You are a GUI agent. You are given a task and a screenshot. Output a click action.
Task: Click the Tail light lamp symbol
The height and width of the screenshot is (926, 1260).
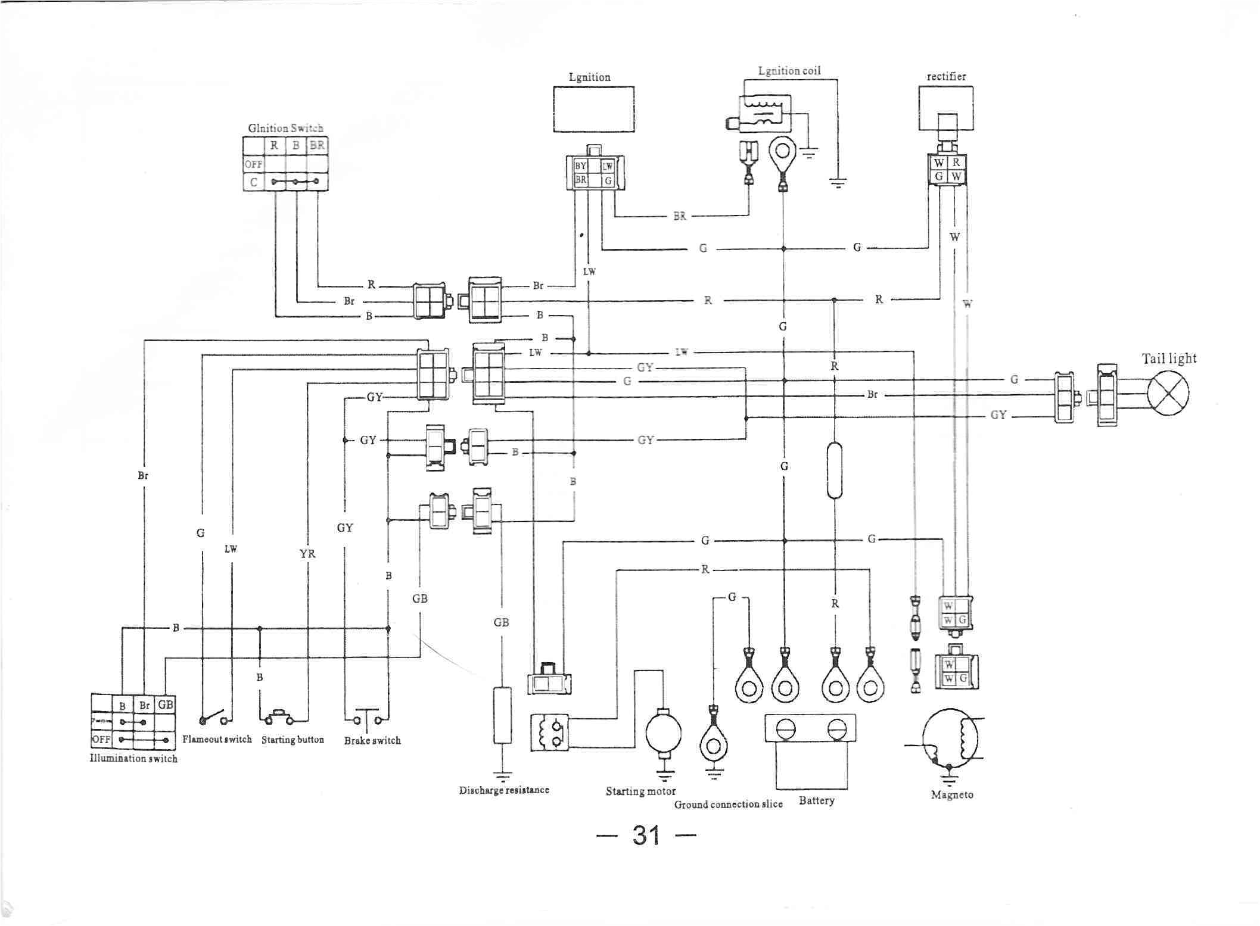coord(1168,392)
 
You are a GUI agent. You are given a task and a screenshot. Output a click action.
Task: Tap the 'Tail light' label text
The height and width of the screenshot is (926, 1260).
coord(1168,358)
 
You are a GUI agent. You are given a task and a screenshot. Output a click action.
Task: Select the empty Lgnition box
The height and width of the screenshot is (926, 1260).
coord(593,109)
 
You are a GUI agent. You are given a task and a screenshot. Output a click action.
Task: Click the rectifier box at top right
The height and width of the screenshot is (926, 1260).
coord(945,107)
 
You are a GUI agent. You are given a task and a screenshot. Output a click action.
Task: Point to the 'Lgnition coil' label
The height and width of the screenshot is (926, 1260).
coord(789,71)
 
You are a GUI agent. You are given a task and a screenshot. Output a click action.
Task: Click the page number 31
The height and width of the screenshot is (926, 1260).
coord(646,835)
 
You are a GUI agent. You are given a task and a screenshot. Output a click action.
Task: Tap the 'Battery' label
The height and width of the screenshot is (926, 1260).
coord(816,800)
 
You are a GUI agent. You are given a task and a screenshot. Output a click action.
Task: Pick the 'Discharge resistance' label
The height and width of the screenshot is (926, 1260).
coord(504,790)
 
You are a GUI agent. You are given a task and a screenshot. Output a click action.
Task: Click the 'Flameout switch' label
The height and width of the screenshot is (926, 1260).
coord(217,739)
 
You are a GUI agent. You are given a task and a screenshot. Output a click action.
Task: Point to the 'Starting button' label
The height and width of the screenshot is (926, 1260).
coord(293,740)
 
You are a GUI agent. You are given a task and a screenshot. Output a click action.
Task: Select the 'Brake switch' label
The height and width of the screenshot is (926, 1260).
coord(372,741)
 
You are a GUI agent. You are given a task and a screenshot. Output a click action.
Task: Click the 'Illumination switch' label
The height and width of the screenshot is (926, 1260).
coord(133,758)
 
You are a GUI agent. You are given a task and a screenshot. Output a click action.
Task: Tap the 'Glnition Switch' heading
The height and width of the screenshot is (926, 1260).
coord(285,128)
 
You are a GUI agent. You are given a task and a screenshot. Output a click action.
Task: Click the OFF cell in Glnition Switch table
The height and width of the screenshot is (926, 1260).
coord(253,164)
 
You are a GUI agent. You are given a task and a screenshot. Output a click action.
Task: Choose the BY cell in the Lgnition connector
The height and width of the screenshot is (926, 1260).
coord(580,166)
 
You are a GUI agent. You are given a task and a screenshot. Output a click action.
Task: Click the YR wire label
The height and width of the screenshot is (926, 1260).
coord(307,554)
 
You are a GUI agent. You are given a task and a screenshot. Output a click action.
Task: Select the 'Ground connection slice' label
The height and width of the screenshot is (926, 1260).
coord(728,804)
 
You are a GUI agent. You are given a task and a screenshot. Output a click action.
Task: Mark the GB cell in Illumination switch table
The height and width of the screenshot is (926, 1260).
coord(165,704)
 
